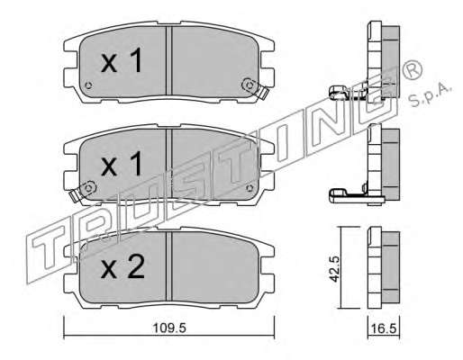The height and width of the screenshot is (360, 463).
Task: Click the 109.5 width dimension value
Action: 169,328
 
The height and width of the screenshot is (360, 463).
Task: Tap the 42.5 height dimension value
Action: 334,268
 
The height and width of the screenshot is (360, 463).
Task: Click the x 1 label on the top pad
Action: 122,61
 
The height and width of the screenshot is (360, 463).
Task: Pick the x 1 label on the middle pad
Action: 122,164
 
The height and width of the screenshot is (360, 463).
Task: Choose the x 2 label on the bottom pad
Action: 123,266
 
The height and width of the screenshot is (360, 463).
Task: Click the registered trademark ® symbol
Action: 412,71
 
